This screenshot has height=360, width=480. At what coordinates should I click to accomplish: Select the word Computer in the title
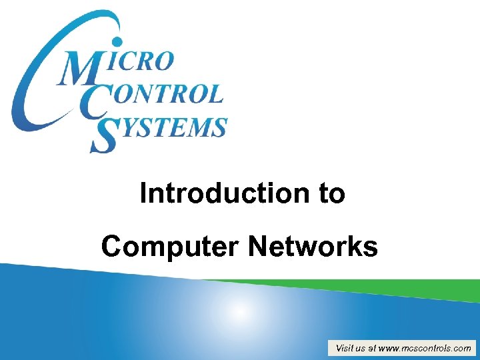pos(171,247)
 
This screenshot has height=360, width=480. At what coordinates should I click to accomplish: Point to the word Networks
pos(313,247)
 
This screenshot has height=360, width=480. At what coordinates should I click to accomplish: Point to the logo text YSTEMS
pos(170,127)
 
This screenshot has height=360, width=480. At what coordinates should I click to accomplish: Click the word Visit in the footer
pos(345,348)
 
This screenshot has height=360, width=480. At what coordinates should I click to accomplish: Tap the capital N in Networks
pos(258,247)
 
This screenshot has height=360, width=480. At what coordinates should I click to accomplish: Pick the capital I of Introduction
pos(144,193)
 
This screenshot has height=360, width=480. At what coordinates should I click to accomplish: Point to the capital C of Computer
pos(111,247)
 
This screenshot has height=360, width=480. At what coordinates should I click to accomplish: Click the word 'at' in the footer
pos(372,348)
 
